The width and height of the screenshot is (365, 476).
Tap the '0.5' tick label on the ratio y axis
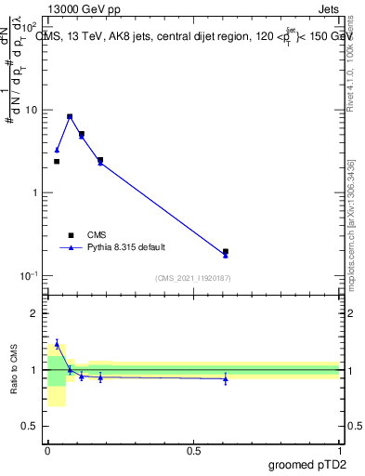[31, 426]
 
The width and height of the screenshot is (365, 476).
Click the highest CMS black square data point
[70, 117]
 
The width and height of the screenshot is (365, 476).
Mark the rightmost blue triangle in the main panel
[226, 255]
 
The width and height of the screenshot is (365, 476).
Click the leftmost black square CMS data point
[57, 161]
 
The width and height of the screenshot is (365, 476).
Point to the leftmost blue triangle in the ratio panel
[57, 344]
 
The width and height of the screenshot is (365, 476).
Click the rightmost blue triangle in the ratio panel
[226, 378]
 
